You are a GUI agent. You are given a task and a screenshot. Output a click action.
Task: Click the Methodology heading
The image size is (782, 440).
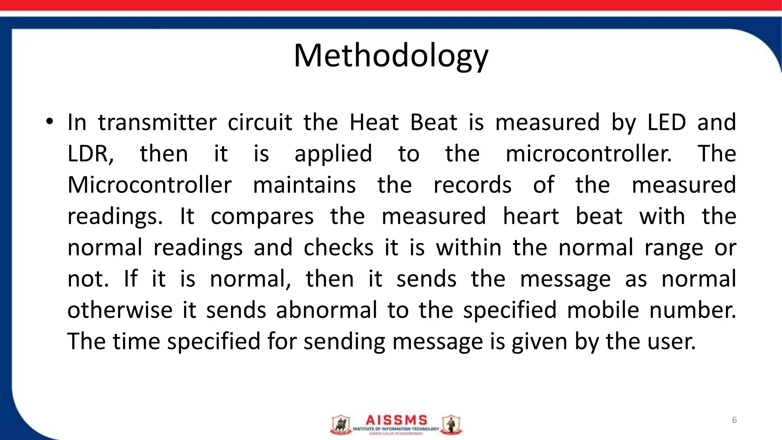[x=391, y=57]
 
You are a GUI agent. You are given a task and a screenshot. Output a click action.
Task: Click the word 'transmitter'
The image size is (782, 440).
[x=157, y=123]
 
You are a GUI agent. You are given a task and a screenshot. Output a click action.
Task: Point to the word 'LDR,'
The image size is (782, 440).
[x=90, y=154]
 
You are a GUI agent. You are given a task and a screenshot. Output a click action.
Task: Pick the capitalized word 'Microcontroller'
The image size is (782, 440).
[x=149, y=185]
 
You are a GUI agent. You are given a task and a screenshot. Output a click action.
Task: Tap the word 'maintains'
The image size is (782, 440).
[x=304, y=185]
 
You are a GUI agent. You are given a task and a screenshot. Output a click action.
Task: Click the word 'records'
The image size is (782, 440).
[x=472, y=185]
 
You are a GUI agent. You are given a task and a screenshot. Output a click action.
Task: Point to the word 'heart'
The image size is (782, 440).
[x=531, y=217]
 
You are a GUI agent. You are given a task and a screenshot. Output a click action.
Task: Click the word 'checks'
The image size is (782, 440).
[x=338, y=248]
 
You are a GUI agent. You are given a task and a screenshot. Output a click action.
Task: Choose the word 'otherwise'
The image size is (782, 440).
[x=120, y=310]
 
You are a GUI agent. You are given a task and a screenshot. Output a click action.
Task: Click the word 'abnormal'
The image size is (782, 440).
[x=326, y=310]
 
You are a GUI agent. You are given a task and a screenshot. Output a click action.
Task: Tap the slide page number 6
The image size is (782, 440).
[x=734, y=420]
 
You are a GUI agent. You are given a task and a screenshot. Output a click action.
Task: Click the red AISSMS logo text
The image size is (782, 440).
[x=396, y=421]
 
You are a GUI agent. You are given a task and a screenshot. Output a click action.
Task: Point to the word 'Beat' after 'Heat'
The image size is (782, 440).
[x=433, y=123]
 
